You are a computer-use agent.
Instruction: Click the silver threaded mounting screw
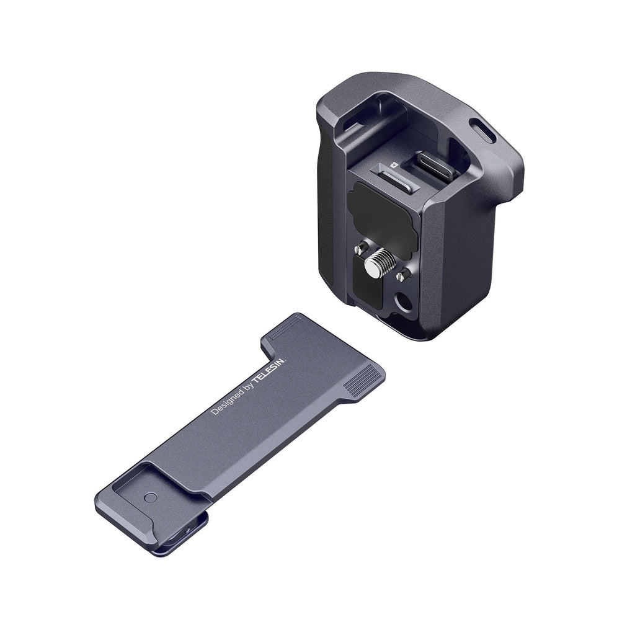click(379, 263)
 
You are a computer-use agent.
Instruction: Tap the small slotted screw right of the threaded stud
click(402, 276)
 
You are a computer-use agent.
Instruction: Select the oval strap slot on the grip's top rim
click(482, 130)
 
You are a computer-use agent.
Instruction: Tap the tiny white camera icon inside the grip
click(392, 165)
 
